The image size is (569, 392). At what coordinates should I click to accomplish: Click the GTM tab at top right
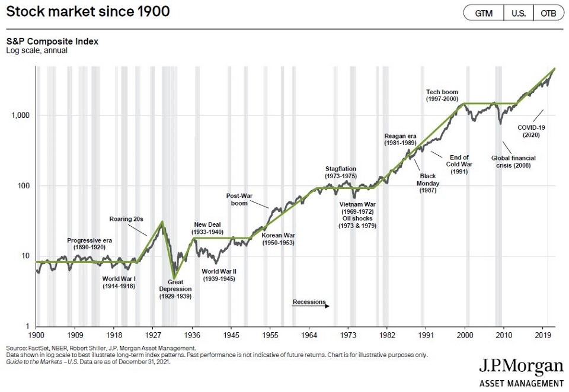[x=483, y=13]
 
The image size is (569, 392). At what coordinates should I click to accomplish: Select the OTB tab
[x=548, y=13]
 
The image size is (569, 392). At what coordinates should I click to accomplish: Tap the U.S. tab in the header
[x=518, y=13]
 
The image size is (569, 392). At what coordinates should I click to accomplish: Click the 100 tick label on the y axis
[x=24, y=185]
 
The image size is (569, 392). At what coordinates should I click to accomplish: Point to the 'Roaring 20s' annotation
[x=126, y=219]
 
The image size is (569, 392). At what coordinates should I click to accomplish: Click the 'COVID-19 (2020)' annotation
[x=531, y=131]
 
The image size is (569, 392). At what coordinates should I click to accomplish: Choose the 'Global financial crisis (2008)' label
[x=514, y=162]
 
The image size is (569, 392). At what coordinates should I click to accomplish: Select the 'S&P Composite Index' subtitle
[x=52, y=42]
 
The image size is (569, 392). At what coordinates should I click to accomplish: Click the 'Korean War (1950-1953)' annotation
[x=278, y=239]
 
